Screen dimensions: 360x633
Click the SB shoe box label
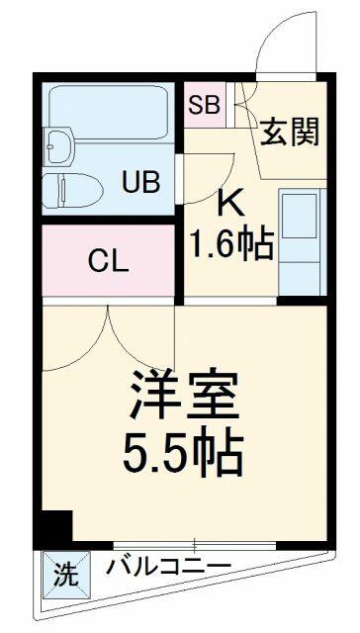coord(205,106)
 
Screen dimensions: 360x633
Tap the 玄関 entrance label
coord(290,132)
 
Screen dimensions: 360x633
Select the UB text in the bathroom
coord(141,182)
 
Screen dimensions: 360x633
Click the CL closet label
coord(109,261)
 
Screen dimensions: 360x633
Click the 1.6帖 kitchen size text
coord(231,244)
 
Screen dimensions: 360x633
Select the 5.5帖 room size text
coord(183,455)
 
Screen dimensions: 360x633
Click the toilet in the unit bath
coord(73,191)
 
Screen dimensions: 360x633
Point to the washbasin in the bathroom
coord(58,145)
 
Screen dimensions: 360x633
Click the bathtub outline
coord(108,113)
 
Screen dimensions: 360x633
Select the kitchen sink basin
coord(299,216)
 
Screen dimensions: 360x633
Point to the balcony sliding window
coord(195,545)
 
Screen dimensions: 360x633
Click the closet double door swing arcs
coord(108,337)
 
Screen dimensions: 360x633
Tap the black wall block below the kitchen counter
coord(302,301)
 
